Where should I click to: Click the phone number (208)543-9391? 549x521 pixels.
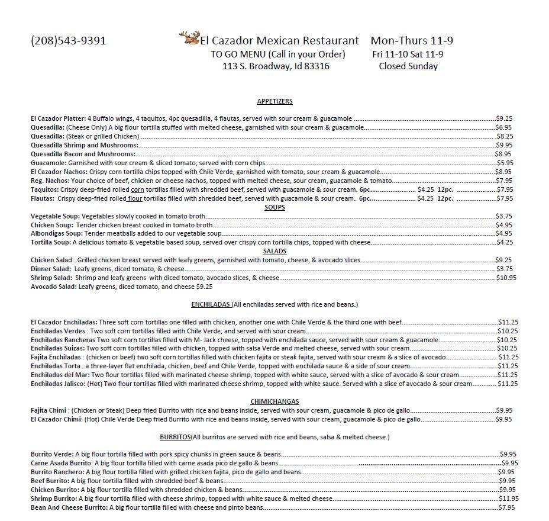[x=68, y=41]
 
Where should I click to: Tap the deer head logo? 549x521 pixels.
[x=189, y=38]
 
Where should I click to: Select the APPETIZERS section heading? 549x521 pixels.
[x=274, y=101]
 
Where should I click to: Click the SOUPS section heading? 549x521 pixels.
[x=274, y=207]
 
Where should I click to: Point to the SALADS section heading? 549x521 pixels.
[x=274, y=251]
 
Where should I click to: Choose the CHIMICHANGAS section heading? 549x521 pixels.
[x=274, y=401]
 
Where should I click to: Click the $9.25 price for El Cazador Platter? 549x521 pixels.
[x=504, y=118]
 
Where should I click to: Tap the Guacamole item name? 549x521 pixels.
[x=49, y=163]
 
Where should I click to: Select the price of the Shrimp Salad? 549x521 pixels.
[x=506, y=278]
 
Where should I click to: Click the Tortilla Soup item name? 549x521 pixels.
[x=51, y=242]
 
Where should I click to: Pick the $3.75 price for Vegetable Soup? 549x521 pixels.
[x=504, y=216]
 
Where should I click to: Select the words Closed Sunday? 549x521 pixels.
[x=408, y=66]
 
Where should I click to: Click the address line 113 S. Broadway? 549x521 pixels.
[x=276, y=66]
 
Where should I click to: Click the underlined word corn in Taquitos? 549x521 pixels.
[x=137, y=189]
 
